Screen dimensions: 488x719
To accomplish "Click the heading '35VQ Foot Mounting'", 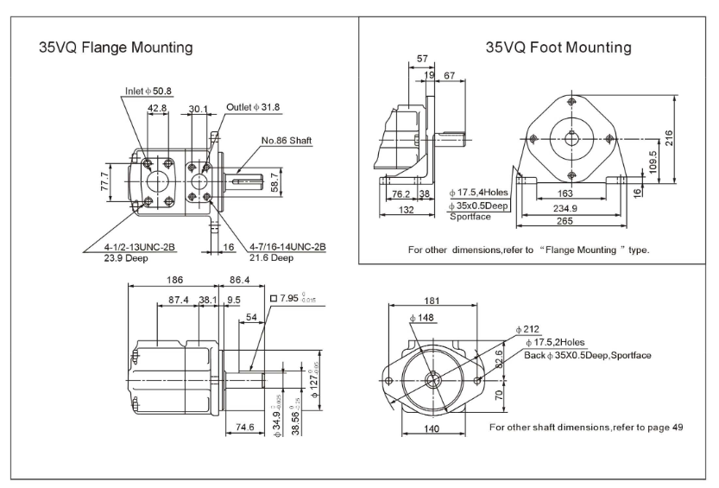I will tap(558, 46).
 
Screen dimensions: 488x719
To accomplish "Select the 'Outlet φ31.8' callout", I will tap(253, 107).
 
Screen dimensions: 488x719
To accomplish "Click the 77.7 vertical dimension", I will tap(105, 181).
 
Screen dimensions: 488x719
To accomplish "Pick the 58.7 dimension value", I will tap(275, 182).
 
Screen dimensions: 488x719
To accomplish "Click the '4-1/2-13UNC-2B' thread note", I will tap(130, 247).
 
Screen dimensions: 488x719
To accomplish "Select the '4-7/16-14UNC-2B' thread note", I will tap(287, 247).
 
